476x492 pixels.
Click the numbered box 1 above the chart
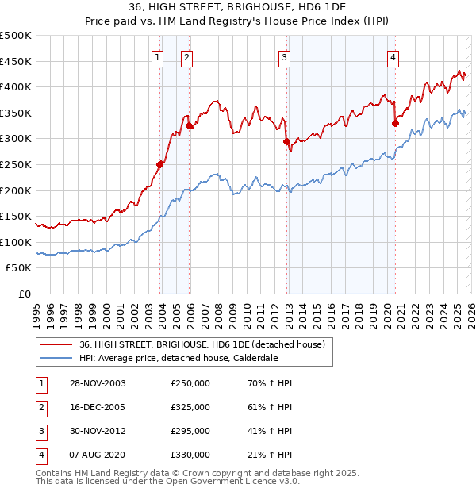click(x=157, y=56)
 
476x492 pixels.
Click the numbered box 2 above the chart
click(x=186, y=56)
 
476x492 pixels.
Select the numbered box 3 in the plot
click(x=283, y=56)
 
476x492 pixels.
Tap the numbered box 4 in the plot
click(x=393, y=56)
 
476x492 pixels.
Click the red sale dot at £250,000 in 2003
click(x=160, y=164)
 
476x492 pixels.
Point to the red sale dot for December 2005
click(x=190, y=125)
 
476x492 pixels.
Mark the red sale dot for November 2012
click(x=286, y=141)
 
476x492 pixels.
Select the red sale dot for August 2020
click(x=395, y=123)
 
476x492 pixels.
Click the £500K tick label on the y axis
click(x=16, y=36)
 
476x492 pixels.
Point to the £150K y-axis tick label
click(x=16, y=216)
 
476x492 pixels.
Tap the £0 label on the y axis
click(x=24, y=294)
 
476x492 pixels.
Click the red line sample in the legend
click(x=56, y=344)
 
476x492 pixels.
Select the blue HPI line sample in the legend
click(x=56, y=357)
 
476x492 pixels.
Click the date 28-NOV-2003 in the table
click(x=98, y=383)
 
